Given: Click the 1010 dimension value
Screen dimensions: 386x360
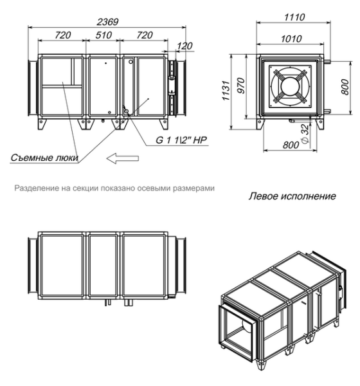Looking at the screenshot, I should (x=290, y=38).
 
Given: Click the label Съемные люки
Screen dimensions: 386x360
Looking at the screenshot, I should (x=44, y=157).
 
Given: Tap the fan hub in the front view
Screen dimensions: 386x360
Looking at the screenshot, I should (x=290, y=86).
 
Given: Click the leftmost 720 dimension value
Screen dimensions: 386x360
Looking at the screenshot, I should (x=62, y=36).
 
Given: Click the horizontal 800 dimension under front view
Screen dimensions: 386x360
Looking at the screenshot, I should (x=291, y=145).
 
